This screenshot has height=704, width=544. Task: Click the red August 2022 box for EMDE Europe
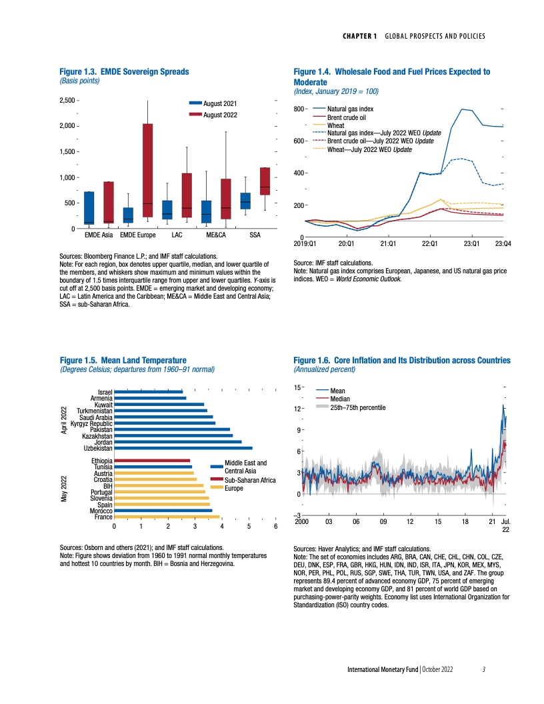tap(147, 170)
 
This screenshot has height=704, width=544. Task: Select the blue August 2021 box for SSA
tap(245, 201)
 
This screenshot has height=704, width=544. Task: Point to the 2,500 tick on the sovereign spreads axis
tap(66, 100)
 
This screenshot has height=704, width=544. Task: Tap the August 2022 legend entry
tap(219, 115)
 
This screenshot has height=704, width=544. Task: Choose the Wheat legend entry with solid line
tap(336, 125)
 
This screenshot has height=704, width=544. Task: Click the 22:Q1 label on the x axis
tap(430, 244)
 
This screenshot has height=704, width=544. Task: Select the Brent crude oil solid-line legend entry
tap(347, 117)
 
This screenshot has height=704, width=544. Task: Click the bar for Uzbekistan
tap(183, 448)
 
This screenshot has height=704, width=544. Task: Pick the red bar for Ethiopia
tap(153, 460)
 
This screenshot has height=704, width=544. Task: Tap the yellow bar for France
tap(167, 517)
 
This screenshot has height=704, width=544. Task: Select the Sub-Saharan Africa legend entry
tap(250, 479)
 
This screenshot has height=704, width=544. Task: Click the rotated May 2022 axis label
tap(64, 489)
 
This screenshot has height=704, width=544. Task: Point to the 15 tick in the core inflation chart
tap(298, 387)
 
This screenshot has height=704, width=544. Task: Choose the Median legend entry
tap(340, 399)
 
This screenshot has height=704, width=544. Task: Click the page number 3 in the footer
tap(484, 669)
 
